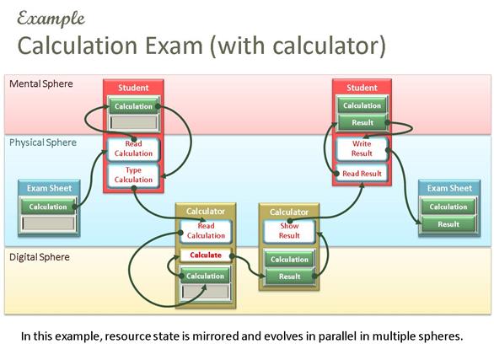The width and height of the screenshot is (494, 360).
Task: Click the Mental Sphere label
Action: pyautogui.click(x=41, y=83)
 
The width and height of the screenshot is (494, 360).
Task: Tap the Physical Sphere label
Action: pyautogui.click(x=43, y=142)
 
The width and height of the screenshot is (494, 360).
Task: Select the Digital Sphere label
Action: pyautogui.click(x=40, y=257)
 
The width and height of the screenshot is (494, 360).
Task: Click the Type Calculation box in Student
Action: pyautogui.click(x=133, y=175)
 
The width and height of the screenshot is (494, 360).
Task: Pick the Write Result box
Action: pyautogui.click(x=362, y=148)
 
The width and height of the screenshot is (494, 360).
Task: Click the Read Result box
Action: pyautogui.click(x=362, y=174)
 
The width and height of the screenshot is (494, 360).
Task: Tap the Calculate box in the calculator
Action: pyautogui.click(x=206, y=255)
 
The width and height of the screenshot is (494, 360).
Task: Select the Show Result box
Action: pyautogui.click(x=289, y=231)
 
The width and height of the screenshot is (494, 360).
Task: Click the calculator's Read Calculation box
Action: pyautogui.click(x=206, y=231)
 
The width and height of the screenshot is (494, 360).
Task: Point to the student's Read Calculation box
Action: pyautogui.click(x=133, y=148)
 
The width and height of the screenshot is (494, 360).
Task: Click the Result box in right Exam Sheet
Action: pyautogui.click(x=448, y=224)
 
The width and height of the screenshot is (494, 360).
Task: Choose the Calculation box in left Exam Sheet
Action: pyautogui.click(x=48, y=207)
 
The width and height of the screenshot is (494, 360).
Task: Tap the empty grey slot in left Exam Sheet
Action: pyautogui.click(x=48, y=223)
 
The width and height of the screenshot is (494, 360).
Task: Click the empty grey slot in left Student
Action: pyautogui.click(x=133, y=122)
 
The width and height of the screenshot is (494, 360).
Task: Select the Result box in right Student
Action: pyautogui.click(x=362, y=122)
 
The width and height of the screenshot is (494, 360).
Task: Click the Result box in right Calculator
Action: pyautogui.click(x=289, y=277)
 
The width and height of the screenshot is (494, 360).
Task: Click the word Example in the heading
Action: pyautogui.click(x=51, y=19)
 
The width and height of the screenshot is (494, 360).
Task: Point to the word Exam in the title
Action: pyautogui.click(x=174, y=46)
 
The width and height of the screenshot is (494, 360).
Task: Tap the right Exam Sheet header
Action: pyautogui.click(x=449, y=188)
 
